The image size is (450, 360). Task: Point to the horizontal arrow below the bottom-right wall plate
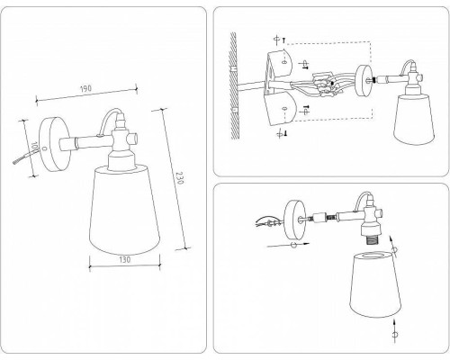286,244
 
